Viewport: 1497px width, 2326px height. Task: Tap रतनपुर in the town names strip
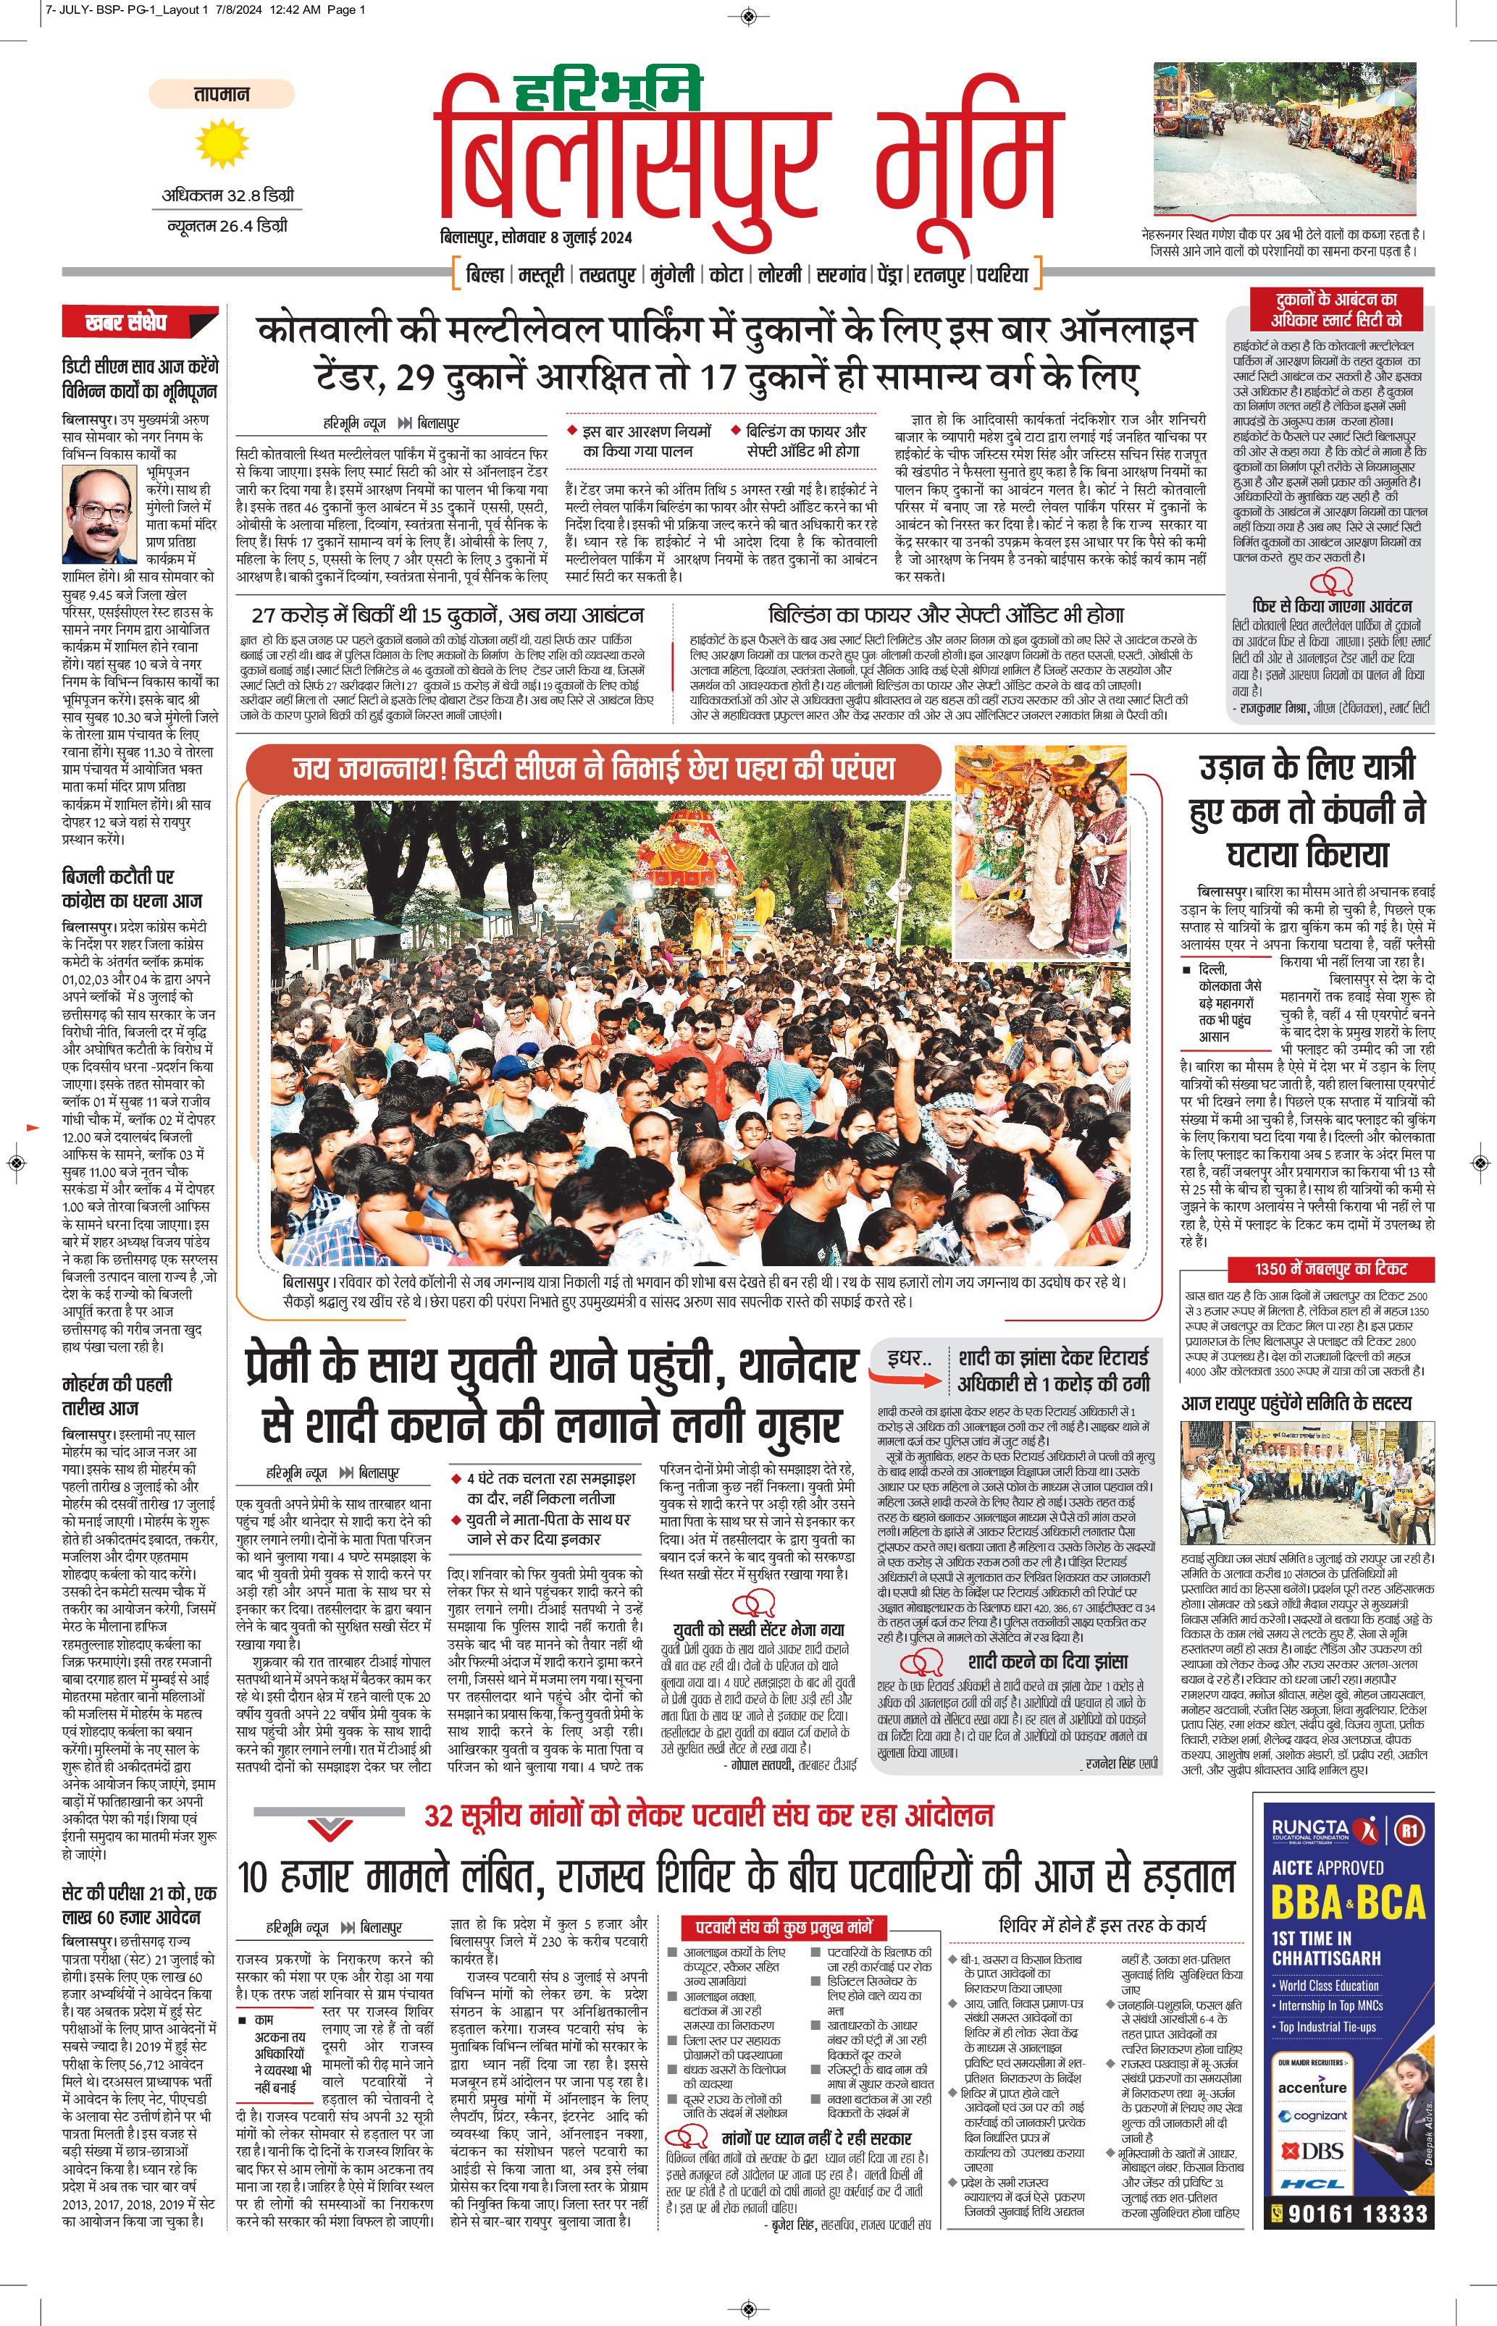click(x=939, y=275)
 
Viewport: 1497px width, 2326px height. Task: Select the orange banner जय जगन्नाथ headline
click(x=593, y=770)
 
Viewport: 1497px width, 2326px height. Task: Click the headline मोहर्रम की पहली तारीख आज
click(x=117, y=1395)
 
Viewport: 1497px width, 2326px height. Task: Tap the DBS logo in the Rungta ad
click(x=1314, y=2150)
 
